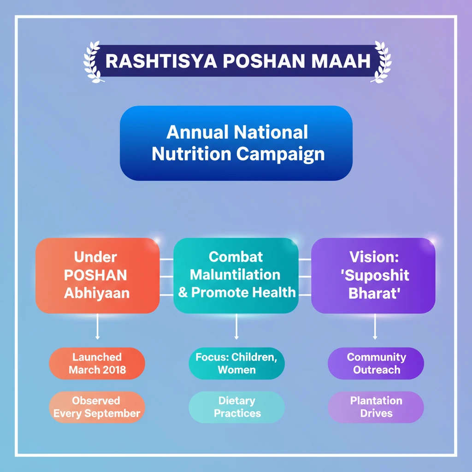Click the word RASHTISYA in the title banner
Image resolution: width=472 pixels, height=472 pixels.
tap(161, 61)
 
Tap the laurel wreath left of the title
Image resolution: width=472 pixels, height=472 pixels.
tap(93, 62)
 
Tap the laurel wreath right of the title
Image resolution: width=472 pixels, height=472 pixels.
tap(381, 62)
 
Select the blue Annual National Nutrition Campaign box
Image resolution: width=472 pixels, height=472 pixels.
tap(236, 143)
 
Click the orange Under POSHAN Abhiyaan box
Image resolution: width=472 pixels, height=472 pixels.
tap(98, 276)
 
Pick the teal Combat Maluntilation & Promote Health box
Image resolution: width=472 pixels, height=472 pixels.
tap(236, 276)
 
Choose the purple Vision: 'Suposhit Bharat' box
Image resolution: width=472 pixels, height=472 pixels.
tap(373, 276)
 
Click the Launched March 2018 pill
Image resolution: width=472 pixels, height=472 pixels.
tap(97, 363)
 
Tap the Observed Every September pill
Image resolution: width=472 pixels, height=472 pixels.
tap(97, 407)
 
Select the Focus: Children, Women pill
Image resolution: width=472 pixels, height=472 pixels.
tap(236, 363)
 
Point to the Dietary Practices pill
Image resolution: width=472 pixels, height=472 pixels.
tap(236, 407)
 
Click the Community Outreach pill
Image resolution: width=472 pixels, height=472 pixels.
tap(376, 363)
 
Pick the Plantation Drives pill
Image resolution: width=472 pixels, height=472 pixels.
tap(376, 407)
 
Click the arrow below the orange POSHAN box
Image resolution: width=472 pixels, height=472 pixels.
tap(97, 327)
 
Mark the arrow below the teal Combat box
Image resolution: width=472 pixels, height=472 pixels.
tap(236, 327)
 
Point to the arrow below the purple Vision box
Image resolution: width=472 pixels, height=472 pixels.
tap(375, 327)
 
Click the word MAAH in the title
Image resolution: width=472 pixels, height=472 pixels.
tap(341, 61)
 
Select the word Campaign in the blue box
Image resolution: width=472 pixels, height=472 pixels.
tap(280, 154)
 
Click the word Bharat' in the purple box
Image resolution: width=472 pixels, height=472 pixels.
tap(374, 293)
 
